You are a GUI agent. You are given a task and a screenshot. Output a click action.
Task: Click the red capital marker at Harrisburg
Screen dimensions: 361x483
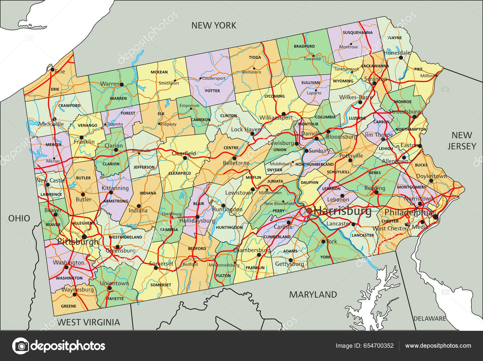309,211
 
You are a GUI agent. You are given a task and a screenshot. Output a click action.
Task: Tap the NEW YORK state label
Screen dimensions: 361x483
214,25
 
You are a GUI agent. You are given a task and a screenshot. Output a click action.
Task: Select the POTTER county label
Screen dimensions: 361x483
213,91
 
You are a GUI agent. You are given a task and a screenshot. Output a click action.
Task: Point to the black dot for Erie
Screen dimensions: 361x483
52,69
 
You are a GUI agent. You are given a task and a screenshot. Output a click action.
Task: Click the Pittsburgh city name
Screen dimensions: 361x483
78,242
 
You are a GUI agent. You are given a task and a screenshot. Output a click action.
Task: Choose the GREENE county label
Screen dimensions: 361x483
69,306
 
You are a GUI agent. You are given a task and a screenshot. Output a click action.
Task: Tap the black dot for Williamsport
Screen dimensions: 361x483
283,114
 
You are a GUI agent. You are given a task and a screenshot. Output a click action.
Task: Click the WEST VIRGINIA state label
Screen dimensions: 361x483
88,322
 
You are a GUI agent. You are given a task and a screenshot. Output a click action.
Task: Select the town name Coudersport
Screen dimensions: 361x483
214,78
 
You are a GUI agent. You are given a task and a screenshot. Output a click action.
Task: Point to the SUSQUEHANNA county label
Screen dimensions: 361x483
357,32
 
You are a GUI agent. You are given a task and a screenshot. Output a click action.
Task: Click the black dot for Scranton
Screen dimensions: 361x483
374,83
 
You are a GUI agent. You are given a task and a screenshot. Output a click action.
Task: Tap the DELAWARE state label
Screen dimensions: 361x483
430,318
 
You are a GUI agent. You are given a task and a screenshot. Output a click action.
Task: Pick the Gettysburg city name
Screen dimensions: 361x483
289,264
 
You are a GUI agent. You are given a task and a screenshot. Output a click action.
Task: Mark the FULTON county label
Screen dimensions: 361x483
223,276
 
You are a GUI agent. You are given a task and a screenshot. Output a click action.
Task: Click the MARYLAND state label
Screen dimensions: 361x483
313,295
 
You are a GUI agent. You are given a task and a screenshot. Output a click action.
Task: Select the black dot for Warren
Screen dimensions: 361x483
122,84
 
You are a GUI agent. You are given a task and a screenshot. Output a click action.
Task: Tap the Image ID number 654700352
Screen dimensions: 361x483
365,346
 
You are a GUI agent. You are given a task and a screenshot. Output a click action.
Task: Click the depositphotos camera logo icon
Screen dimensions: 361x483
21,346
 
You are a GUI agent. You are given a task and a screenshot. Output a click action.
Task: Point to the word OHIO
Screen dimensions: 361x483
19,218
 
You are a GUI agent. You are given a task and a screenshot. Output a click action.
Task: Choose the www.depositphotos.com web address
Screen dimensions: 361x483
438,346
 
